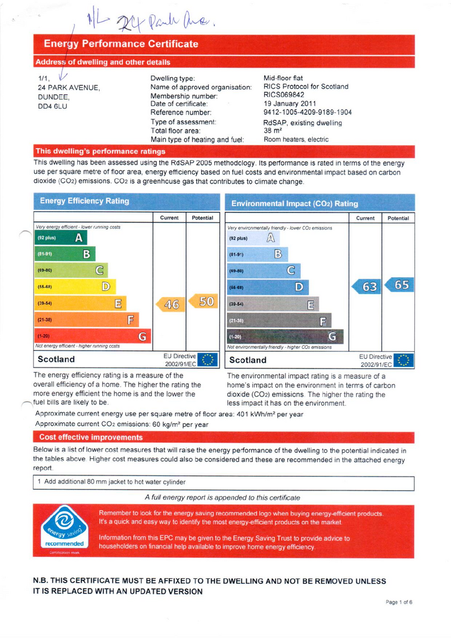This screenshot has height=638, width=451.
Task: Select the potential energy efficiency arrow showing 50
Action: click(203, 302)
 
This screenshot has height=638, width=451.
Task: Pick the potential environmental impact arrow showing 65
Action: click(399, 285)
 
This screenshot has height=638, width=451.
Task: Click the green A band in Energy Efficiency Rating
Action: click(61, 238)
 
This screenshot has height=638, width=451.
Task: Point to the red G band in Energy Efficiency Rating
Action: click(93, 337)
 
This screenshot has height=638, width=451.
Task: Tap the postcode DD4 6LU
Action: click(54, 107)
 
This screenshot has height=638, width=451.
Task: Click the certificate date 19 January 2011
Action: click(290, 103)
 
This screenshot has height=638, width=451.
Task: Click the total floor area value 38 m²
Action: click(273, 131)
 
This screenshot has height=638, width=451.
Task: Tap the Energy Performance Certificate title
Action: click(121, 44)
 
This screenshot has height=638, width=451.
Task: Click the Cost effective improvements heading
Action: click(91, 437)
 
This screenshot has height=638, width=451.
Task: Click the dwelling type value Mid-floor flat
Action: click(283, 79)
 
